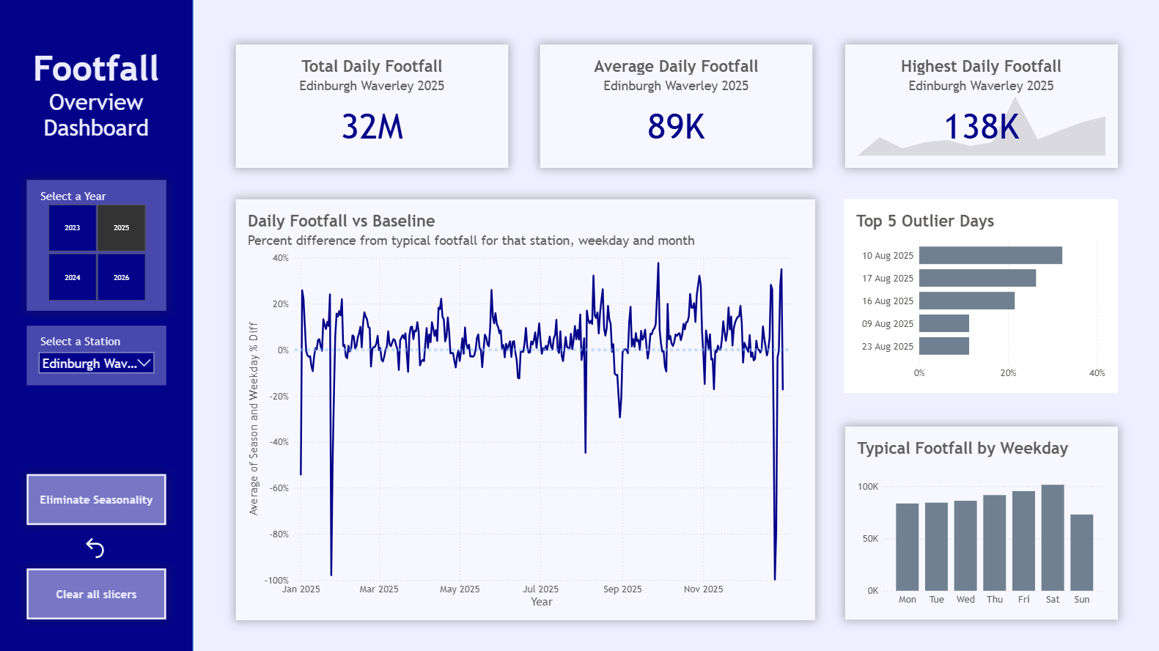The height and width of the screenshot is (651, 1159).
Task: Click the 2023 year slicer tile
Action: click(x=73, y=228)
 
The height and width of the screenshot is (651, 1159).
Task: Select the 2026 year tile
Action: click(x=122, y=277)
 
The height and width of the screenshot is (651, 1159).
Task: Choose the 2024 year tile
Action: click(x=73, y=277)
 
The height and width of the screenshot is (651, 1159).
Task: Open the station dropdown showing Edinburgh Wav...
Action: click(x=97, y=363)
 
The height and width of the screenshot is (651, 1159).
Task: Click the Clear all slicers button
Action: click(x=96, y=594)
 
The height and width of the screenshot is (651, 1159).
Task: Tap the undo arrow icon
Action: click(x=95, y=548)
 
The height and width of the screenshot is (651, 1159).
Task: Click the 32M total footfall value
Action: click(x=372, y=127)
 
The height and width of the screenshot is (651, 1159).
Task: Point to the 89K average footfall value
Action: click(x=676, y=127)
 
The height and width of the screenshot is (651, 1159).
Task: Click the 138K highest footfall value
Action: click(x=981, y=127)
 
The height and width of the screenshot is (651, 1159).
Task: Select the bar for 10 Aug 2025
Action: click(x=990, y=255)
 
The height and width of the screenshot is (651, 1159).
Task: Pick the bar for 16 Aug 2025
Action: click(x=966, y=301)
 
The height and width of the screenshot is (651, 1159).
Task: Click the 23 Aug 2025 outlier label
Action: click(x=888, y=346)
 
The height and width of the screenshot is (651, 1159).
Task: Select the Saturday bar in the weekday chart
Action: click(x=1053, y=537)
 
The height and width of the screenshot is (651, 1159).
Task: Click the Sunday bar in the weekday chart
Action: click(x=1082, y=552)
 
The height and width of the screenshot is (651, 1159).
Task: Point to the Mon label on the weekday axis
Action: click(x=908, y=600)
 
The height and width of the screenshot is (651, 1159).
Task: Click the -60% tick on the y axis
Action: click(x=279, y=488)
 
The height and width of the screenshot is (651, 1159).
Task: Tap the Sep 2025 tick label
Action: click(x=622, y=589)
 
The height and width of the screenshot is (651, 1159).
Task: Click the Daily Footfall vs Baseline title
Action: click(x=342, y=221)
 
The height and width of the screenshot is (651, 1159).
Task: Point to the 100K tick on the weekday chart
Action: click(x=868, y=487)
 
